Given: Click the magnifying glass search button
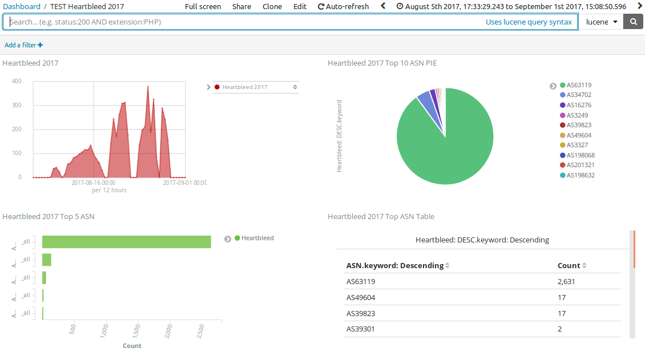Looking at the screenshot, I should coord(632,22).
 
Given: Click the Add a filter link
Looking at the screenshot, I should coord(23,45).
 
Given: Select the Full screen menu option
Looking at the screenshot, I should coord(203,7).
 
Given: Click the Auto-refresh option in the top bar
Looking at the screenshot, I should coord(343,7).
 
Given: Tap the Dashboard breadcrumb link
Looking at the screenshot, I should coord(22,7).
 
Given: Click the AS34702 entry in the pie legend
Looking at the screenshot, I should coord(579,95).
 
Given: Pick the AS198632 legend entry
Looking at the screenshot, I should coord(580,175).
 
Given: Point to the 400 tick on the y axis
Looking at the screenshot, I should coord(17,82).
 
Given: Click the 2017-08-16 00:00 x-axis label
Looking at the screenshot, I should coord(93,183).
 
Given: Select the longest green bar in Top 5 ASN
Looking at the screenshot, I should coord(126,242).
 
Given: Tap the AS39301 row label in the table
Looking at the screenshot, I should coord(360,329).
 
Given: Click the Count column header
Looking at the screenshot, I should coord(569,266).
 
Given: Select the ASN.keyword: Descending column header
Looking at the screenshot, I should coord(394,266).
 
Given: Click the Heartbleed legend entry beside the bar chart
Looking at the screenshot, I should coord(257,238).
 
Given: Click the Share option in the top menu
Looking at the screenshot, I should coord(241,7).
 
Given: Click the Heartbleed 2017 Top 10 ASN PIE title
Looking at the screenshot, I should coord(382,63).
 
